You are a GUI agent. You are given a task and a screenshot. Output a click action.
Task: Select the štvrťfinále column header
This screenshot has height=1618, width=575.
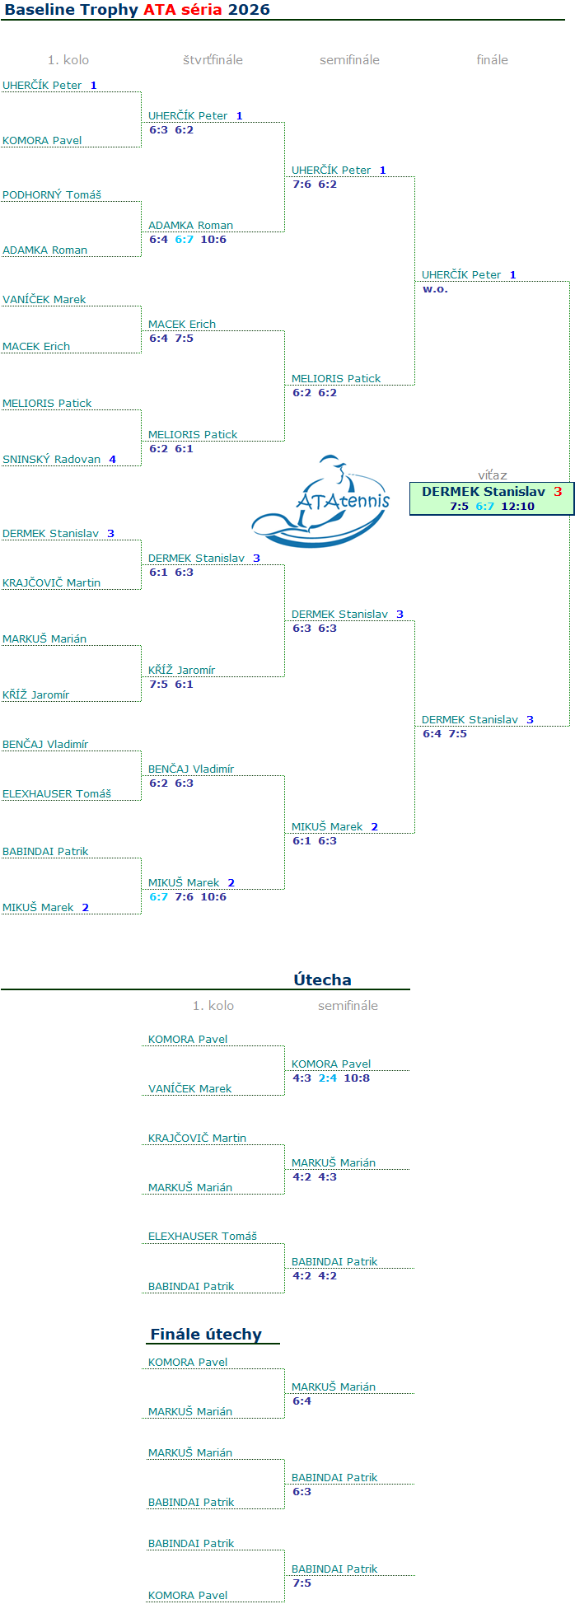213,60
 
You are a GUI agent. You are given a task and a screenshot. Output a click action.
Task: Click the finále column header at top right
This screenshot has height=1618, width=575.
492,60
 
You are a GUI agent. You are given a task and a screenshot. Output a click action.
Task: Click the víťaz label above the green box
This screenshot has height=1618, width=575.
493,475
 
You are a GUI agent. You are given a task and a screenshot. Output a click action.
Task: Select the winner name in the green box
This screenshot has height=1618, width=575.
484,492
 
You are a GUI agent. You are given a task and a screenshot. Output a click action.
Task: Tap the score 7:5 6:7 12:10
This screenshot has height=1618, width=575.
492,507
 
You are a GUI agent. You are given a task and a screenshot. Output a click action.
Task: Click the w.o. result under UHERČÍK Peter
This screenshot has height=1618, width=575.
435,289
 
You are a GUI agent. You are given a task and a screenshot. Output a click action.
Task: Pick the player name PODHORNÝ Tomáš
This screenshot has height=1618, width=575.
52,195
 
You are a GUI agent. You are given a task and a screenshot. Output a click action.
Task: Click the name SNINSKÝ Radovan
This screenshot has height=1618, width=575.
52,460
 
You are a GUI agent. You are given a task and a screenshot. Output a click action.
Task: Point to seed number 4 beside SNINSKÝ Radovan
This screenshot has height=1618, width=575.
113,460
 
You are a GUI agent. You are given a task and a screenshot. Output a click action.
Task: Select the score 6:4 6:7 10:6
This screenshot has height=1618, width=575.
188,240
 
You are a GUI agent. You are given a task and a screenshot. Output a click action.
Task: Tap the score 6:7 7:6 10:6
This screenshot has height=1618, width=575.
188,897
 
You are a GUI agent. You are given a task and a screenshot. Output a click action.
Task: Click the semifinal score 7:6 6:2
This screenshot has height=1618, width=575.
315,185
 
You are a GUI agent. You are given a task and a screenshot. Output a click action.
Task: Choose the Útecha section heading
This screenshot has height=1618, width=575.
322,980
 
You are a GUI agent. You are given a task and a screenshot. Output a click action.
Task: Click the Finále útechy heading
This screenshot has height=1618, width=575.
206,1335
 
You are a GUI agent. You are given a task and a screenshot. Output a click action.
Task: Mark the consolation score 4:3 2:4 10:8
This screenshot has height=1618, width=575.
331,1078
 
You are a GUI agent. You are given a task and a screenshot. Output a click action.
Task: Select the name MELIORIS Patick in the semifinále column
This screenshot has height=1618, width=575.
336,379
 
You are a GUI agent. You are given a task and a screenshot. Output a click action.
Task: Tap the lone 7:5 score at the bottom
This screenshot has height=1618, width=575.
302,1583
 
